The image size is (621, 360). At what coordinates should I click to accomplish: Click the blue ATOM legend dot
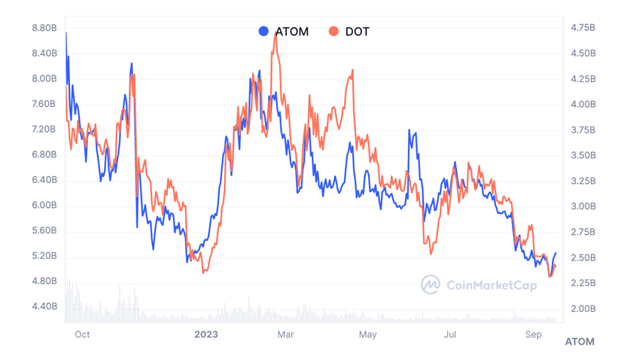(263, 32)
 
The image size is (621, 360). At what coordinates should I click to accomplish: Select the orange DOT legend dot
(333, 32)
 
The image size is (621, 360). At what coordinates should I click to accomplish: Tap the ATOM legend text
(292, 32)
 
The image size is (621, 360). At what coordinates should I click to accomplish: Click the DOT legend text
(358, 32)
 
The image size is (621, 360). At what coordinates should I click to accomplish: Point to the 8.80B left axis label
(44, 28)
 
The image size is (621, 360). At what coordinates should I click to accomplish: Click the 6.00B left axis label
(44, 205)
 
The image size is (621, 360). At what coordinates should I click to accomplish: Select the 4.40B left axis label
(44, 307)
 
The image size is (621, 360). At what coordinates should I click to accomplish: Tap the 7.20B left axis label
(44, 129)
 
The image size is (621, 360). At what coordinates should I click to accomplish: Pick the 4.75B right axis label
(583, 28)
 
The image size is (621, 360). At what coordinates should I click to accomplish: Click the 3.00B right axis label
(583, 206)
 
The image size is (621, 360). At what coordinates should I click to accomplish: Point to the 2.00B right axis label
(583, 309)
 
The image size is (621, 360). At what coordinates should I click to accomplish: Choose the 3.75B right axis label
(583, 130)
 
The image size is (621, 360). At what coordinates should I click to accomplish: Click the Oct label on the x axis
(82, 334)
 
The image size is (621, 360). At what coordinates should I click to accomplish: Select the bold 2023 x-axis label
(206, 334)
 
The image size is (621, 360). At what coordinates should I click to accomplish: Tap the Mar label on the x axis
(285, 334)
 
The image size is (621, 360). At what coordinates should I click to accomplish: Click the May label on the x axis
(367, 334)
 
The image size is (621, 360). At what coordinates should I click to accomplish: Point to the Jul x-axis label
(450, 334)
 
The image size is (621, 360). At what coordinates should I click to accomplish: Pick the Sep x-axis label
(533, 334)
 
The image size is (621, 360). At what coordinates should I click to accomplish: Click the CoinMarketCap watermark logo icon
(430, 285)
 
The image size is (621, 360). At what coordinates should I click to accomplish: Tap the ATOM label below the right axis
(580, 342)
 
